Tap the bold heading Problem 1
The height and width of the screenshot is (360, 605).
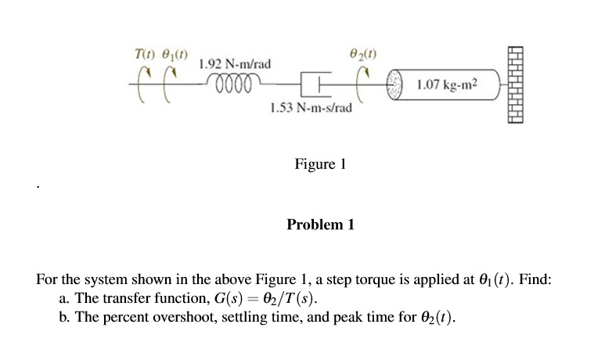pos(320,225)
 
